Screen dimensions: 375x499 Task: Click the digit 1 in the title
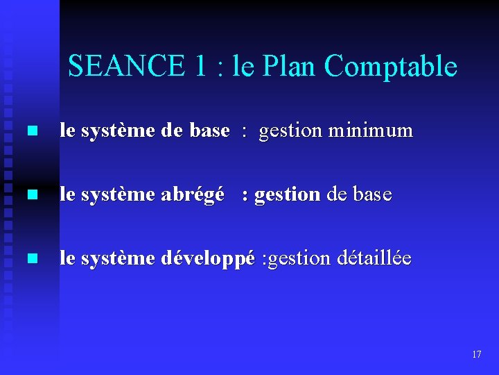click(x=200, y=67)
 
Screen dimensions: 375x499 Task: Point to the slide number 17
click(x=476, y=354)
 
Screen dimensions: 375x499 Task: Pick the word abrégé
click(x=193, y=195)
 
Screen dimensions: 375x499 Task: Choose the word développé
click(x=207, y=259)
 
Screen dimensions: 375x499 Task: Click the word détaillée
click(x=374, y=259)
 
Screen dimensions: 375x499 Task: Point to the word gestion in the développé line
click(x=297, y=260)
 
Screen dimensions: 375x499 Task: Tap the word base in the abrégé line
click(x=372, y=195)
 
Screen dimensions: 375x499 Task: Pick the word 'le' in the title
click(x=243, y=67)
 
